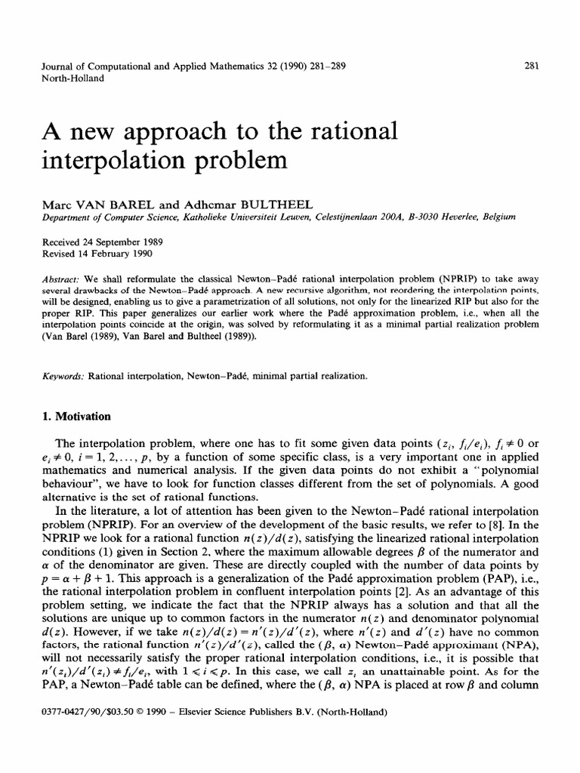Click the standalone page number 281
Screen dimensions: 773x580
coord(530,65)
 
